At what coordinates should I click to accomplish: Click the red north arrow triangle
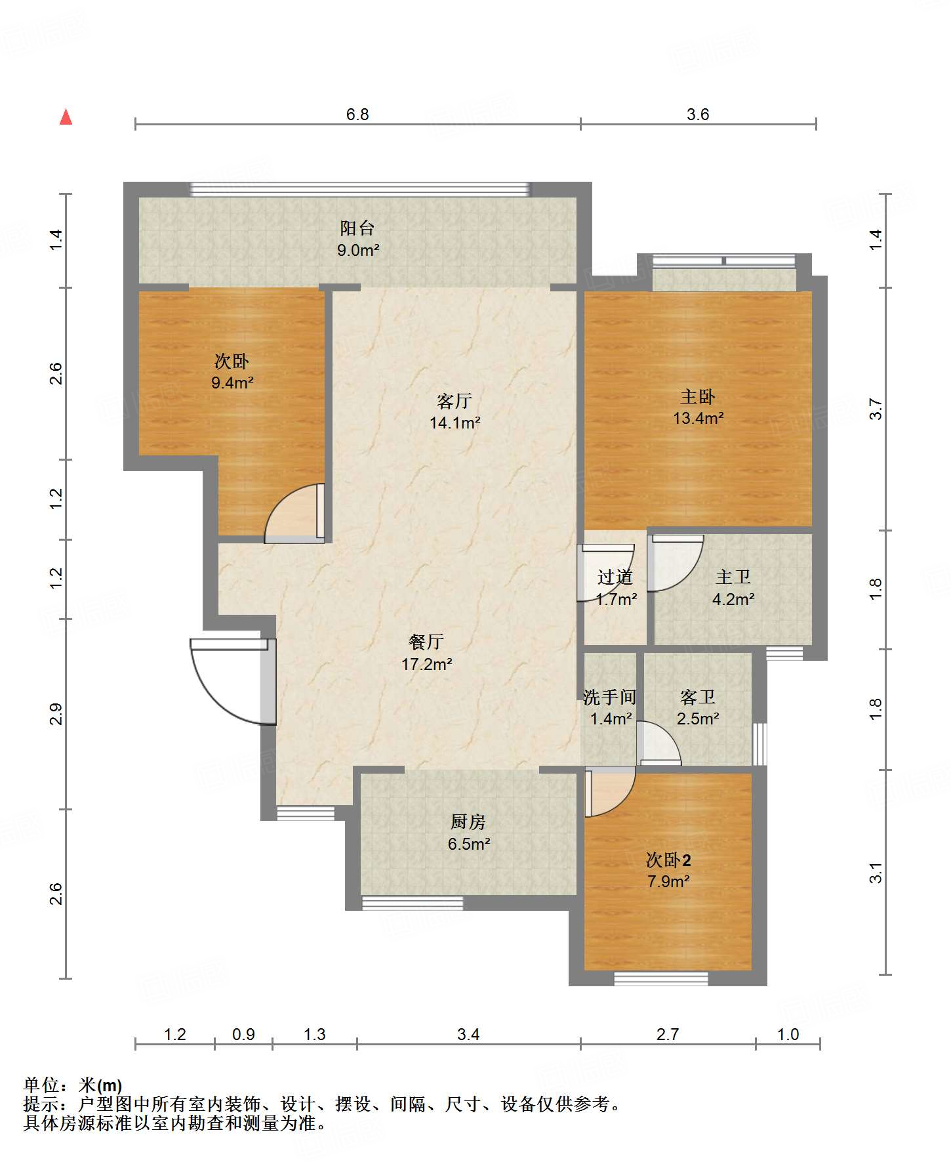click(x=66, y=117)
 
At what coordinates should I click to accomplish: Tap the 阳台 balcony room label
click(x=357, y=228)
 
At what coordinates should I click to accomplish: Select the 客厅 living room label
click(x=455, y=401)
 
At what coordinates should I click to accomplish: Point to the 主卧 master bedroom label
click(x=698, y=396)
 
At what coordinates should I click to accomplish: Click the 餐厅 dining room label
click(x=426, y=642)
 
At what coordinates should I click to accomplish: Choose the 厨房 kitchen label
click(x=468, y=822)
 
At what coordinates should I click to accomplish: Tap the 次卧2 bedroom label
click(x=668, y=860)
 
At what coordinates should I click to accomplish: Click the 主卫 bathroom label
click(x=733, y=577)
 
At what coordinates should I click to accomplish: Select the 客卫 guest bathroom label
click(x=698, y=697)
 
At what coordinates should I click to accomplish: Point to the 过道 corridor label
click(x=615, y=577)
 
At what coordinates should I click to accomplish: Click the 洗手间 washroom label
click(x=610, y=697)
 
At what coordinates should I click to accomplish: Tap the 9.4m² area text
click(x=232, y=383)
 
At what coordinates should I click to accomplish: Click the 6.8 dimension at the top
click(x=357, y=114)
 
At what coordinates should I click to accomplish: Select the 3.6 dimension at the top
click(x=698, y=114)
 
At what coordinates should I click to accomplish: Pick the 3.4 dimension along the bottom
click(x=468, y=1034)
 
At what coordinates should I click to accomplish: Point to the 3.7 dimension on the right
click(x=876, y=409)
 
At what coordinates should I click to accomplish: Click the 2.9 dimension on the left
click(x=56, y=714)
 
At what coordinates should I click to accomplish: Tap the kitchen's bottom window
click(x=413, y=903)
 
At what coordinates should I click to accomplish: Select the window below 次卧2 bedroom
click(x=661, y=978)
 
